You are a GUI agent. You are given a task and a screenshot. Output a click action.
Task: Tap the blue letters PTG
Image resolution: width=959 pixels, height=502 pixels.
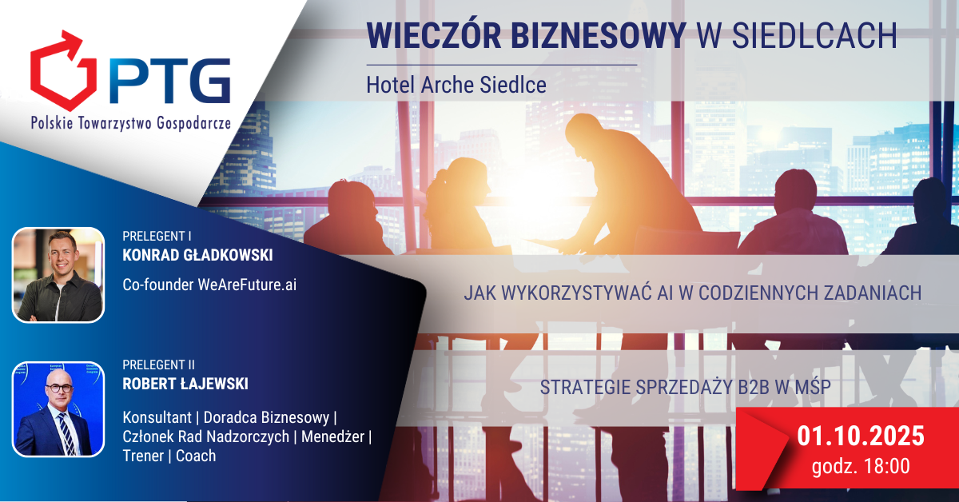click(x=170, y=82)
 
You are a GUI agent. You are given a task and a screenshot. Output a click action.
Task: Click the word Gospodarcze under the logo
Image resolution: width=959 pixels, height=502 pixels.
click(x=194, y=123)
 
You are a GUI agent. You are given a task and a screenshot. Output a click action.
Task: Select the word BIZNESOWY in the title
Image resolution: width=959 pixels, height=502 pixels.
click(x=599, y=35)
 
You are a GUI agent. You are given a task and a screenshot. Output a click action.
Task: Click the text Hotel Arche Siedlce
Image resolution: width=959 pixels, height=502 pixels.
click(x=456, y=85)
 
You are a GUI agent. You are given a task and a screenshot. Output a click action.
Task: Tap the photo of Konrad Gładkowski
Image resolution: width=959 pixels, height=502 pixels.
click(x=58, y=275)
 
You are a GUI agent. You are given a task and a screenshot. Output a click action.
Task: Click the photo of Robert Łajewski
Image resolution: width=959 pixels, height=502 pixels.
click(x=58, y=409)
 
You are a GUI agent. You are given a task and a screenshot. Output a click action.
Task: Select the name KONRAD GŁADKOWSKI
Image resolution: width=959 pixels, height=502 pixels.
click(x=197, y=255)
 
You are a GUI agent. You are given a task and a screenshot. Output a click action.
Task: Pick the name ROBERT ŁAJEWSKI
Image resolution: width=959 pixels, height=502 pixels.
click(x=185, y=384)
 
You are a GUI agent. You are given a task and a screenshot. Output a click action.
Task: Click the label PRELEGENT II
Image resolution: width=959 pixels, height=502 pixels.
click(x=158, y=365)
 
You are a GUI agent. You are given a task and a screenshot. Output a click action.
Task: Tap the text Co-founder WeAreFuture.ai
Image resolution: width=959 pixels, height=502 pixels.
click(x=209, y=285)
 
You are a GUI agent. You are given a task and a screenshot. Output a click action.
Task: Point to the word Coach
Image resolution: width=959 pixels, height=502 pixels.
click(x=196, y=456)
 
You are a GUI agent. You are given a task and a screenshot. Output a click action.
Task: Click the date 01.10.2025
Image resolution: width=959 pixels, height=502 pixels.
click(x=861, y=436)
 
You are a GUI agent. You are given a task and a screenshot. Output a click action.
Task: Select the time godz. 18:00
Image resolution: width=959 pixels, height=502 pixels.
click(x=861, y=466)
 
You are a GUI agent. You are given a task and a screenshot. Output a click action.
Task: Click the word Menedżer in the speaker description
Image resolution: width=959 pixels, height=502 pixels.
click(x=332, y=437)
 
